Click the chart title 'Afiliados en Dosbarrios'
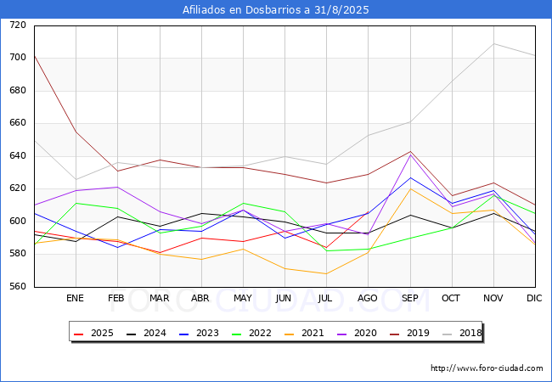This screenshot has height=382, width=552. point(276,10)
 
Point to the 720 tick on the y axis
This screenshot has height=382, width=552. point(18,25)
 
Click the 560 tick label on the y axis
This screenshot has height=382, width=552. point(18,287)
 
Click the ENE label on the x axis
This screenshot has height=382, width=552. point(76,299)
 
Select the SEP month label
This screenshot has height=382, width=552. point(410,299)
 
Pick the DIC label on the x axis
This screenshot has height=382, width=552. point(534,299)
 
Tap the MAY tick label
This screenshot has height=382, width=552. point(243,299)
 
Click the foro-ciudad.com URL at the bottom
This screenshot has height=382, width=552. point(487,368)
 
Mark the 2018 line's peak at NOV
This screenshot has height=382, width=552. point(493,43)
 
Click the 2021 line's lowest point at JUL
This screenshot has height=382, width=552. point(326,273)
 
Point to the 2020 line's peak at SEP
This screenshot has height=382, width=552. point(410,154)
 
